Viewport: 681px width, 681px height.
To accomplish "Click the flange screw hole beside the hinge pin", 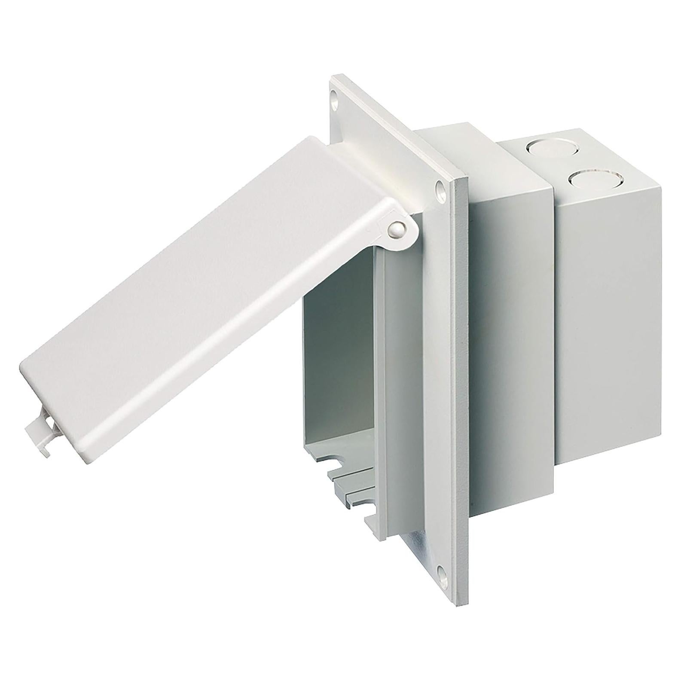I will (x=440, y=188).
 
